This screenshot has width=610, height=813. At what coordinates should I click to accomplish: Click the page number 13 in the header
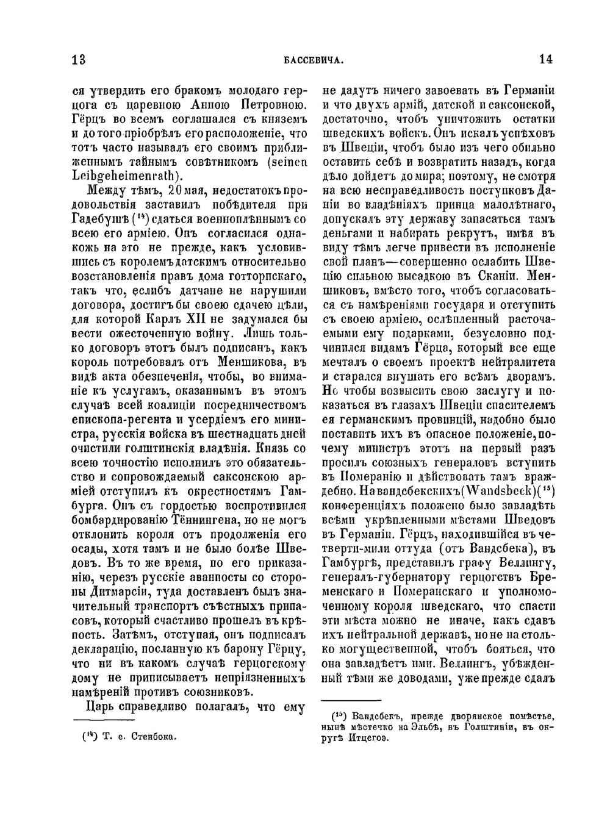(x=79, y=59)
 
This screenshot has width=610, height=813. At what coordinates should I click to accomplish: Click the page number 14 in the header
(x=545, y=59)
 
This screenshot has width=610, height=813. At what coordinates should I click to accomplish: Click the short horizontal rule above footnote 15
(x=351, y=701)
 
